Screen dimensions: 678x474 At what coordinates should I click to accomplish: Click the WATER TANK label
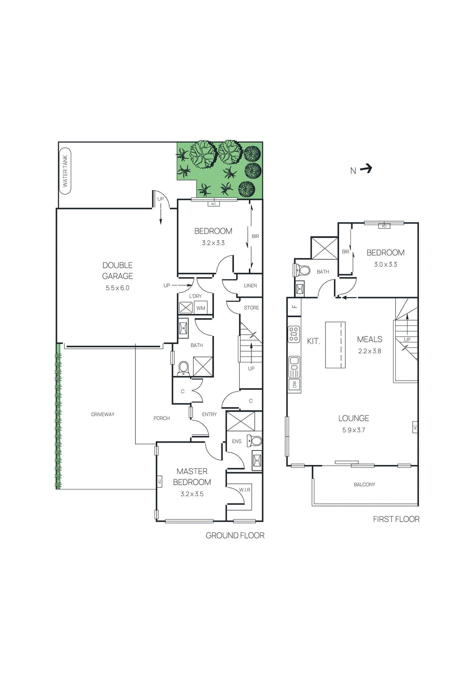click(x=65, y=171)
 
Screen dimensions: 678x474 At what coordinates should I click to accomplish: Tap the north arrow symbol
click(x=366, y=169)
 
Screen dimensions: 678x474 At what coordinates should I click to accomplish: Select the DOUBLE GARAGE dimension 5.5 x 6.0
click(x=117, y=288)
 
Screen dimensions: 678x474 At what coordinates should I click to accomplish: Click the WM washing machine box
click(x=201, y=308)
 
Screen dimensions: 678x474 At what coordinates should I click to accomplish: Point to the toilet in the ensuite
click(x=255, y=441)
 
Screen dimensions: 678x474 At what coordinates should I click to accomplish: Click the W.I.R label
click(x=245, y=490)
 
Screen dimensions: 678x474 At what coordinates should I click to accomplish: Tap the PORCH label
click(x=161, y=418)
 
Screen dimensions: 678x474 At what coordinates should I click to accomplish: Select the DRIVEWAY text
click(x=103, y=414)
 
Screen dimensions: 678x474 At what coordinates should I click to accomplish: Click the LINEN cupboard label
click(x=250, y=286)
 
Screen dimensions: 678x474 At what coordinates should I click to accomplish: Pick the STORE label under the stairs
click(x=251, y=308)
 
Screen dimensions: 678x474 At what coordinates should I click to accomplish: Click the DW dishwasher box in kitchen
click(x=295, y=385)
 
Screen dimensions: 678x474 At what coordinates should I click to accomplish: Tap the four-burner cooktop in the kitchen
click(x=294, y=334)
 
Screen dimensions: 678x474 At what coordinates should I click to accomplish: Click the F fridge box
click(x=294, y=306)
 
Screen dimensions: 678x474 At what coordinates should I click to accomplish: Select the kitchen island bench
click(x=335, y=345)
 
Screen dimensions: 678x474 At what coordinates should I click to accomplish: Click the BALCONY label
click(x=364, y=484)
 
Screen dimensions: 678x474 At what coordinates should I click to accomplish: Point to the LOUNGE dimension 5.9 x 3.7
click(x=353, y=430)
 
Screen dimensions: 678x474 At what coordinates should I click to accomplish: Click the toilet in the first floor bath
click(x=302, y=270)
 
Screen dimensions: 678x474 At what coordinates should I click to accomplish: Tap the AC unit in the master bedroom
click(x=160, y=481)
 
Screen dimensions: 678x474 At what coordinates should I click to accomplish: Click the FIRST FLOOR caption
click(x=396, y=519)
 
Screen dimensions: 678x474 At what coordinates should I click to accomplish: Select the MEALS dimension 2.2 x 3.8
click(x=369, y=351)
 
